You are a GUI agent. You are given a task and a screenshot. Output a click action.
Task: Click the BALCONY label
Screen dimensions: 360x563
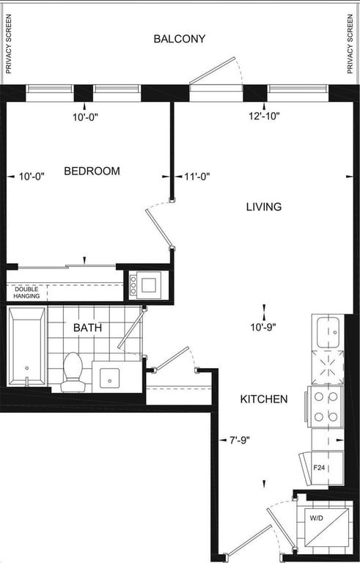point(180,39)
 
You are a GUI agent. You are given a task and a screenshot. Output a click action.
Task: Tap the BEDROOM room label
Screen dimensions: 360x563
point(92,171)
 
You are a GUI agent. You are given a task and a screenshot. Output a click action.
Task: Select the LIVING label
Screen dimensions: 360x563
point(264,207)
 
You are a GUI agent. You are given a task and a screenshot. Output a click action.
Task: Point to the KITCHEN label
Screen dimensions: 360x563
point(264,399)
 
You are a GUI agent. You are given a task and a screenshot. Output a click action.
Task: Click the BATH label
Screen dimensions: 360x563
point(87,328)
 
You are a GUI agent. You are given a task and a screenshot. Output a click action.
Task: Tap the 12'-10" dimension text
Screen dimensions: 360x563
point(264,116)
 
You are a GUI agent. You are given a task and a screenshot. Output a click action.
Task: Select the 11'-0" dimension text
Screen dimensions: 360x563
point(197,176)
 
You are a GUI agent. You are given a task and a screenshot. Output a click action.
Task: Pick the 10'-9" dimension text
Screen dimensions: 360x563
point(264,328)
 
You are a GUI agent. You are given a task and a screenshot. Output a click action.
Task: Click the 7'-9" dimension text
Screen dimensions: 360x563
point(239,440)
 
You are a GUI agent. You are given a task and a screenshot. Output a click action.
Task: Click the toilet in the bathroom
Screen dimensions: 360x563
point(73,372)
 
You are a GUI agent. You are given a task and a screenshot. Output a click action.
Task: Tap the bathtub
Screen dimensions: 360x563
point(27,346)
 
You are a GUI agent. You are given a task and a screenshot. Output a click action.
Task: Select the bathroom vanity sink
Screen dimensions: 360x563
point(109,378)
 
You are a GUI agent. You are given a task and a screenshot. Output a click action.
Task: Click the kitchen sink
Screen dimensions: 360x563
point(328,333)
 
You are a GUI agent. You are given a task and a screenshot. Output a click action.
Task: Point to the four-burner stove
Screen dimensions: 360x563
point(326,407)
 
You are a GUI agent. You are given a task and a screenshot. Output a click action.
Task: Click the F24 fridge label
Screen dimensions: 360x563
point(319,468)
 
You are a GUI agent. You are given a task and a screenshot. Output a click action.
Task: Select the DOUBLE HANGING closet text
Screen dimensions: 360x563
point(26,292)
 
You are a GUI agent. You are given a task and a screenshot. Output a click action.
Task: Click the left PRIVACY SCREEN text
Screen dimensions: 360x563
point(9,44)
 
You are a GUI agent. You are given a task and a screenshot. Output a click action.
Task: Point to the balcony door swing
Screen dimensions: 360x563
point(216,71)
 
